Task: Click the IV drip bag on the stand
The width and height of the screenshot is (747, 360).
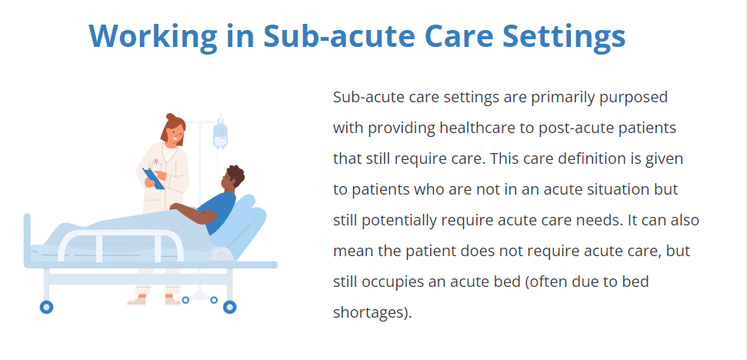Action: click(220, 135)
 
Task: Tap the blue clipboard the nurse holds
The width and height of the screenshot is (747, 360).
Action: click(153, 178)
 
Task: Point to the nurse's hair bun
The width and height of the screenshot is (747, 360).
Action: click(171, 116)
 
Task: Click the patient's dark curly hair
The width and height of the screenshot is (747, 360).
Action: click(235, 175)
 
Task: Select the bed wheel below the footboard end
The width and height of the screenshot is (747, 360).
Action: click(46, 307)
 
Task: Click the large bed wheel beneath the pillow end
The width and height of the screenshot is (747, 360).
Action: click(229, 307)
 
